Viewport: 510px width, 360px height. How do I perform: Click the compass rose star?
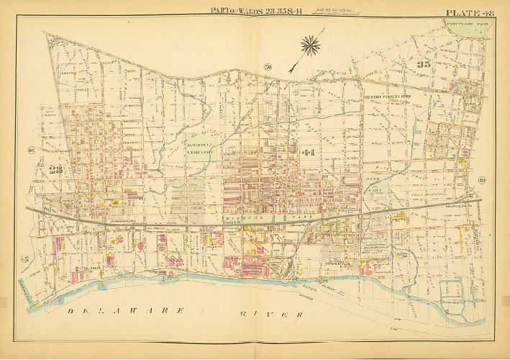tap(311, 46)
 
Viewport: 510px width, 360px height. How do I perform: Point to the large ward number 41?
tap(308, 153)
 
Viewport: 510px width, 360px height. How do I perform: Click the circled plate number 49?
tap(482, 180)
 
